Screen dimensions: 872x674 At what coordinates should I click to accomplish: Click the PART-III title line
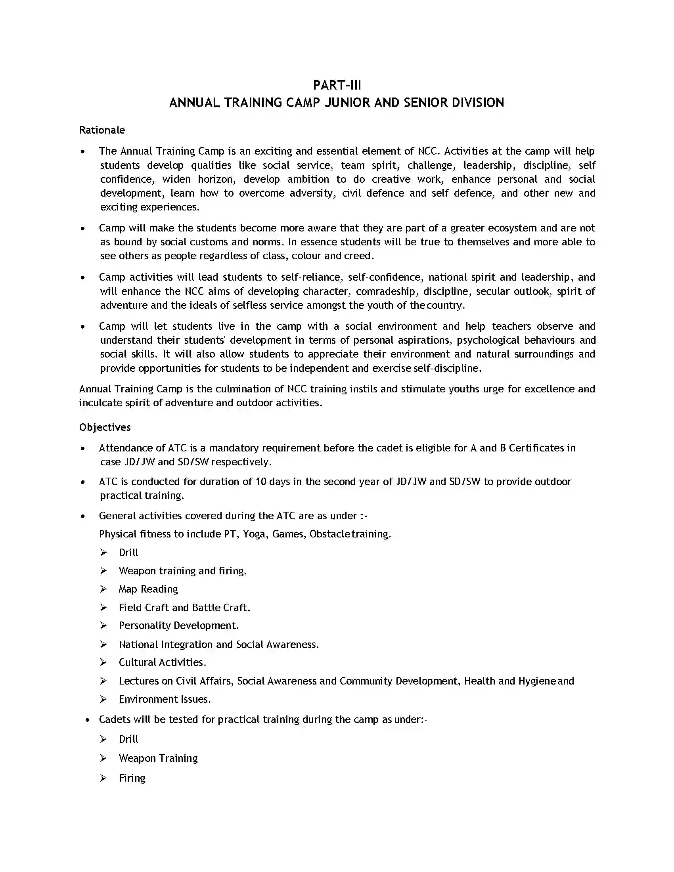click(x=337, y=86)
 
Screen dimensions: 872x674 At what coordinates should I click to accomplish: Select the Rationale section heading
click(x=102, y=130)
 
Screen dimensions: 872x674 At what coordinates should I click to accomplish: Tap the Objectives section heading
click(x=105, y=427)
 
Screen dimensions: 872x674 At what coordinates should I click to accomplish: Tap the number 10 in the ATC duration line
click(x=261, y=482)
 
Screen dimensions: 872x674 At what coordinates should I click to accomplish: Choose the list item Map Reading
click(x=148, y=589)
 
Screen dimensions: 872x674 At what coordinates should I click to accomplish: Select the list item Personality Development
click(x=178, y=625)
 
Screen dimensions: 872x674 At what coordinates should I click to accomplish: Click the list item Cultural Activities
click(x=162, y=662)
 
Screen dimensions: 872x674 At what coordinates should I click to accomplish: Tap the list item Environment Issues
click(x=165, y=699)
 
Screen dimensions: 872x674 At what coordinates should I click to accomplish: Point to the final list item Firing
click(x=132, y=778)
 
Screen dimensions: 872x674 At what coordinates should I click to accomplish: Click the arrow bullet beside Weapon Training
click(x=103, y=758)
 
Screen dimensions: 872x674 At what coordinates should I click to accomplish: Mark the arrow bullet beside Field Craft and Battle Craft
click(x=103, y=607)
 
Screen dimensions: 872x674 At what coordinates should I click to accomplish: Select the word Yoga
click(x=254, y=534)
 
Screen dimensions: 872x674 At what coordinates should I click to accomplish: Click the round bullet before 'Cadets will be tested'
click(x=88, y=720)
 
